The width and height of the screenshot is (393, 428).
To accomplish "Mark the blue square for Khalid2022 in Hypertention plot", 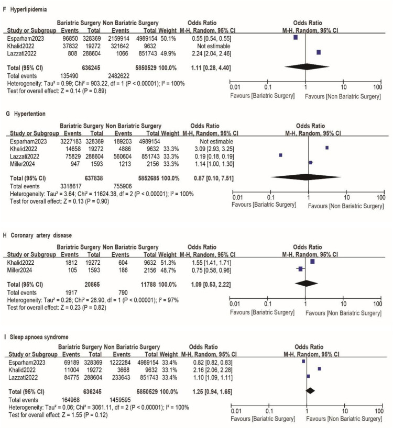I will click(327, 148).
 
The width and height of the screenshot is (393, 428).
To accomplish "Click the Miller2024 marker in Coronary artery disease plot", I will click(301, 269).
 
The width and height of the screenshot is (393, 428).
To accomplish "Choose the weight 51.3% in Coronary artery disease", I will click(168, 261).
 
